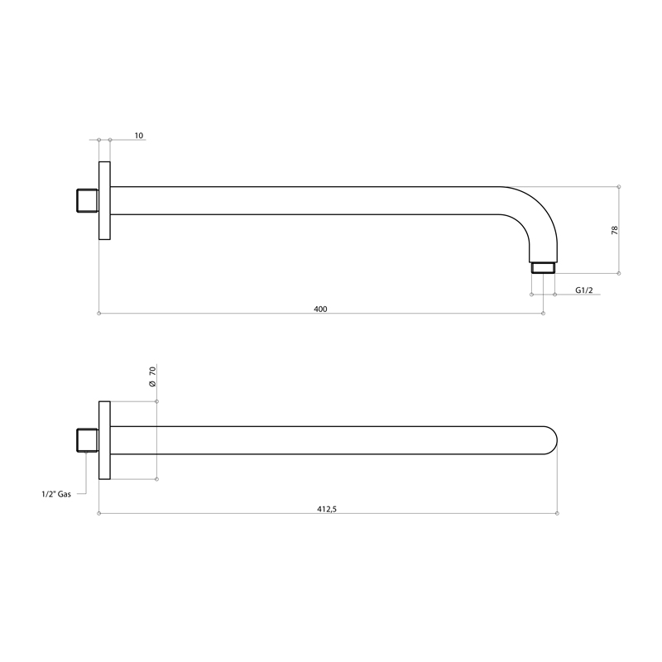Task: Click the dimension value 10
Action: (139, 136)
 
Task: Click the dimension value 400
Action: (320, 309)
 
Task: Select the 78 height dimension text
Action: (615, 230)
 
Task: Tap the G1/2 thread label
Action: (584, 290)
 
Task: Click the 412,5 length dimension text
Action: (327, 509)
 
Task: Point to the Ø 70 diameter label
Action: (152, 377)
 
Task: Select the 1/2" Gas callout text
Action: (56, 494)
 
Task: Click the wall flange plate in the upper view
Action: (104, 200)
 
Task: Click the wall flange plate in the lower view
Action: (104, 440)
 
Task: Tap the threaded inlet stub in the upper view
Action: (88, 200)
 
